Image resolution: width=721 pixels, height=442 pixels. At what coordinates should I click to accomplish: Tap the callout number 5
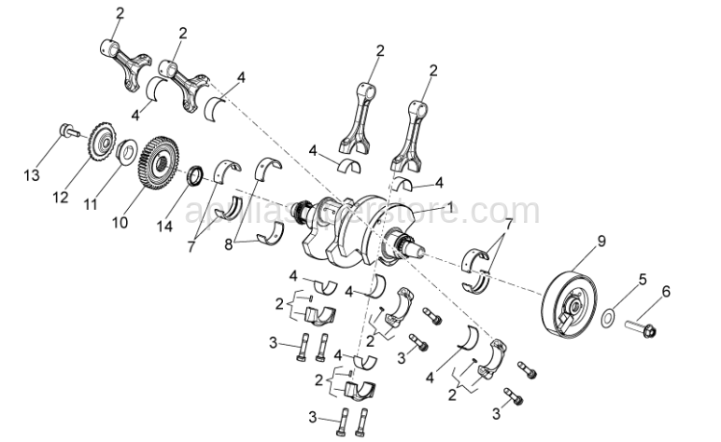[642, 279]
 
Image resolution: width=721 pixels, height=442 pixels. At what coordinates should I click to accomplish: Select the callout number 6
[665, 292]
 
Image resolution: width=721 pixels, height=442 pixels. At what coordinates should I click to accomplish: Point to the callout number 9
[601, 240]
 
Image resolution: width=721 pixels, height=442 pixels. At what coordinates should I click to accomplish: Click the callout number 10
[119, 224]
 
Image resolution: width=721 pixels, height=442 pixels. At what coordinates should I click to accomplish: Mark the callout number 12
[61, 197]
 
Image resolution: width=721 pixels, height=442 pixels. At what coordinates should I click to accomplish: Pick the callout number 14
[165, 227]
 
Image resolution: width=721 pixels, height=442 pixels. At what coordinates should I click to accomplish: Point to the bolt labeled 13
[68, 131]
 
